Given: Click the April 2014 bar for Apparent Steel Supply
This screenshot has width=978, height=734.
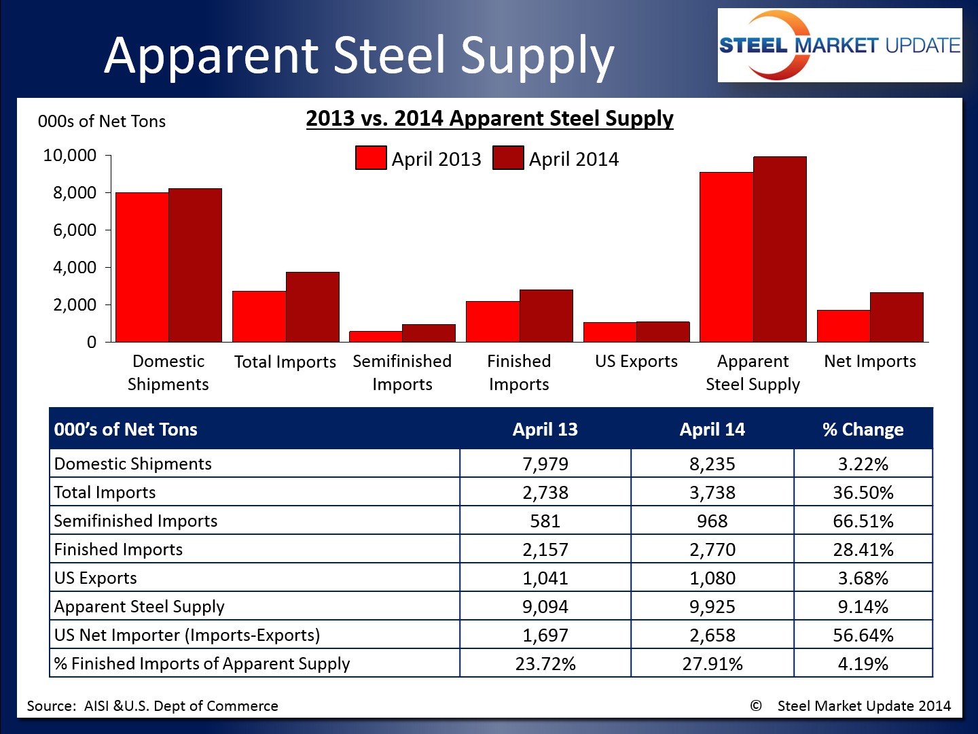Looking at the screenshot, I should (x=780, y=249).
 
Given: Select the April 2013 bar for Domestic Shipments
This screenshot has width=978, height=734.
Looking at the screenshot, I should (x=142, y=267).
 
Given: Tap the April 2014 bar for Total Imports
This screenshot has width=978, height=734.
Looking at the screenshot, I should (x=312, y=307).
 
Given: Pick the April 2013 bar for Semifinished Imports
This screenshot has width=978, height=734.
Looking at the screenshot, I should (x=376, y=336).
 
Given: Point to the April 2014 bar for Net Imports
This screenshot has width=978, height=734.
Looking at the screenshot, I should (x=896, y=317).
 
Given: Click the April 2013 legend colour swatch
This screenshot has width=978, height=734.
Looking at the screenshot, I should (x=371, y=158).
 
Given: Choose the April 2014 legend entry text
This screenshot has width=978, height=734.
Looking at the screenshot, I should (x=574, y=159).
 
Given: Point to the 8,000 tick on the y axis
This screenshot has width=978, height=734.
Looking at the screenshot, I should (x=75, y=193).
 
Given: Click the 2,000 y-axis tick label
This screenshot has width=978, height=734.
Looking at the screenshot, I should (x=75, y=305).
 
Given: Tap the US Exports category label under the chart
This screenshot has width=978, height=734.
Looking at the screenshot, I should (x=636, y=362).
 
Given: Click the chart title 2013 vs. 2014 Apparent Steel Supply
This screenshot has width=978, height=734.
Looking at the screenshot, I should (x=489, y=118).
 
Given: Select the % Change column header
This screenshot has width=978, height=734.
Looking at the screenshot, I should (x=863, y=430).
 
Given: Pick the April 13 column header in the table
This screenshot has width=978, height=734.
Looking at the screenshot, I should (x=545, y=430).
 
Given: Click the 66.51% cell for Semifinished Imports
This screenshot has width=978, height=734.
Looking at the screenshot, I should (x=863, y=521).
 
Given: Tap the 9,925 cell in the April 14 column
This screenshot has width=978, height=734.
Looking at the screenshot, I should (x=712, y=607).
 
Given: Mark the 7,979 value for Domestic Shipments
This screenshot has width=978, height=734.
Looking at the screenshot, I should (x=545, y=464).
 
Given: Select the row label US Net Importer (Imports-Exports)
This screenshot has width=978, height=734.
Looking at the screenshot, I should (x=187, y=635).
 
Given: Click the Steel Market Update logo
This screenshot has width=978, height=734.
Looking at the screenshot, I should (x=839, y=46).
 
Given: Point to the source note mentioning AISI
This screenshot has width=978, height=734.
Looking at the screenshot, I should (x=153, y=706).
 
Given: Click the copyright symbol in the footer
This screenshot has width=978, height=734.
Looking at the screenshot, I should (x=756, y=706).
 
